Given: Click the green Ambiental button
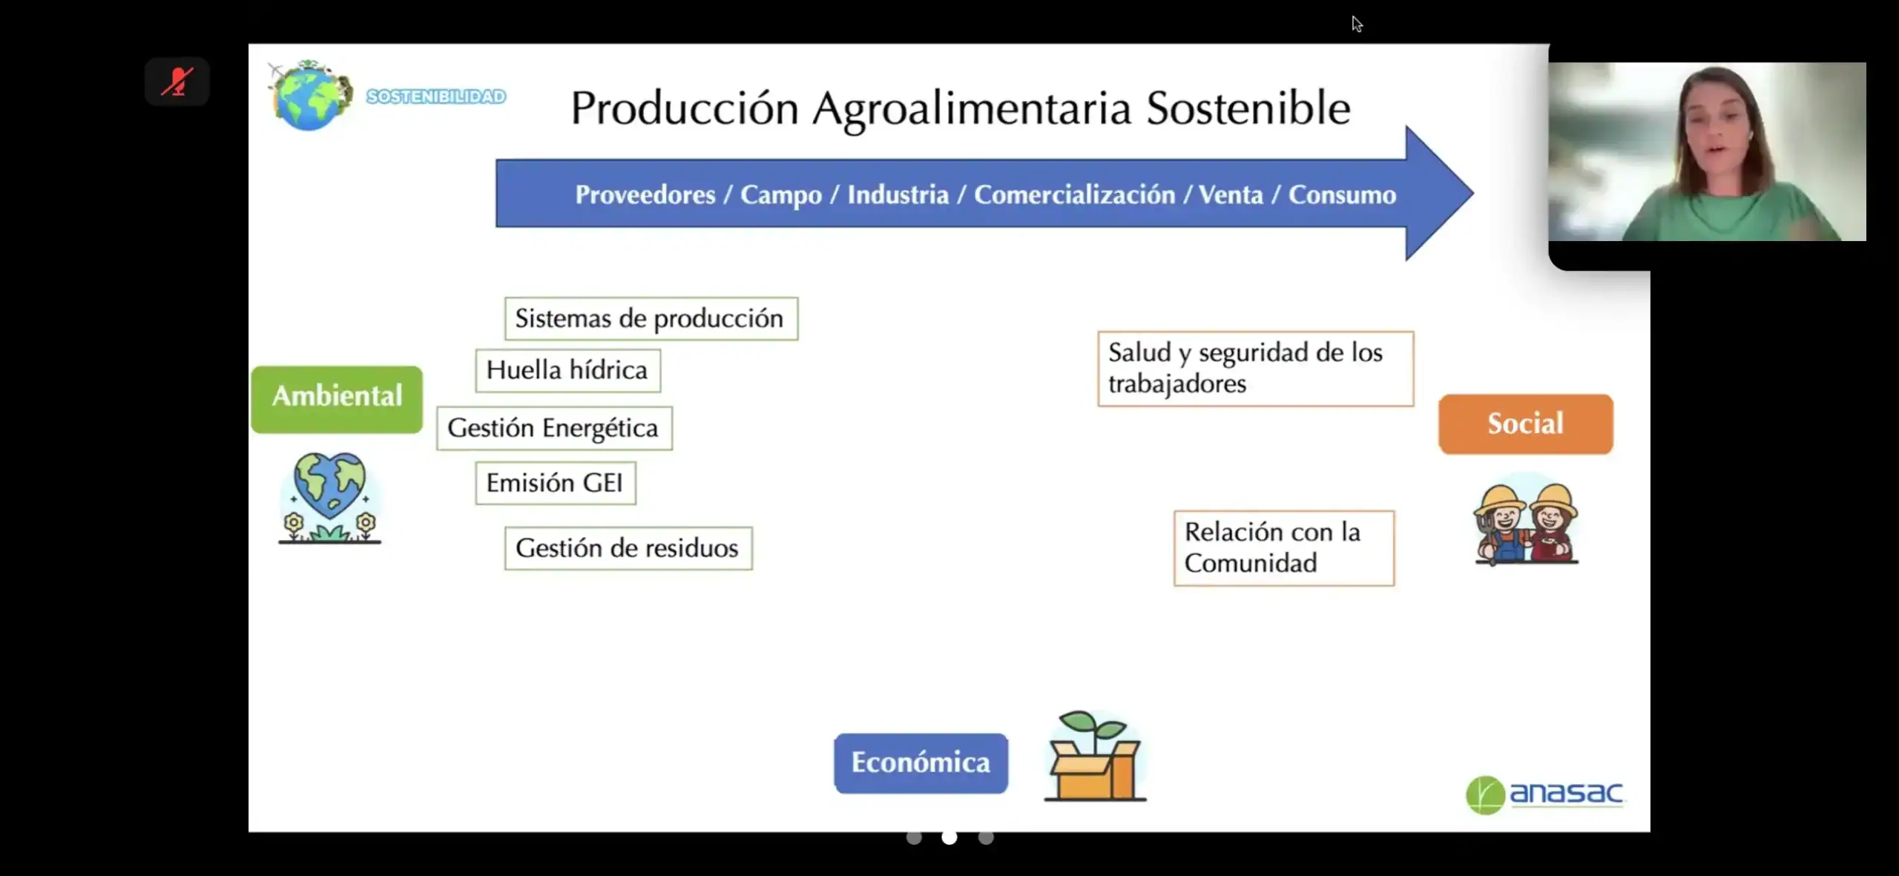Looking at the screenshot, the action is (337, 399).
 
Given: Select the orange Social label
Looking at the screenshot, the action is (1526, 424).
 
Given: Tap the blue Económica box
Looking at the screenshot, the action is (921, 763).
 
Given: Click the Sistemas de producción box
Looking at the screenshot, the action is (651, 319).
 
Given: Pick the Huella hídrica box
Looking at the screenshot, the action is (567, 370).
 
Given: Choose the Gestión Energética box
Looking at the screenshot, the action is (554, 428).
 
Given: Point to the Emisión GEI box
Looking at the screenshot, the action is (556, 484).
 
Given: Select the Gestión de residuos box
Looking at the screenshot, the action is (628, 548).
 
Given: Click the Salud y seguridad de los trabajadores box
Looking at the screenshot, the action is (1256, 369).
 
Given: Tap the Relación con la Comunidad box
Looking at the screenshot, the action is (1284, 548).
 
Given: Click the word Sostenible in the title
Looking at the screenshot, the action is (1248, 108).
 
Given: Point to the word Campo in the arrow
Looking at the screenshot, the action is (781, 194).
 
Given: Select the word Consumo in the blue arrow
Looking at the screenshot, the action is (1342, 194).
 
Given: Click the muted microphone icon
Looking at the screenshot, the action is (177, 82).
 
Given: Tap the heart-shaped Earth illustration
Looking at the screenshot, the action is (330, 498).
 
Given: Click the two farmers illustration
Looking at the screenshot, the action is (1527, 523).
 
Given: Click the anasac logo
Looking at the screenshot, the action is (1544, 794).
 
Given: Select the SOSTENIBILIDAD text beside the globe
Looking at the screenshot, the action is (436, 96).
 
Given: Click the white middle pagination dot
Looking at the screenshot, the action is (949, 837).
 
